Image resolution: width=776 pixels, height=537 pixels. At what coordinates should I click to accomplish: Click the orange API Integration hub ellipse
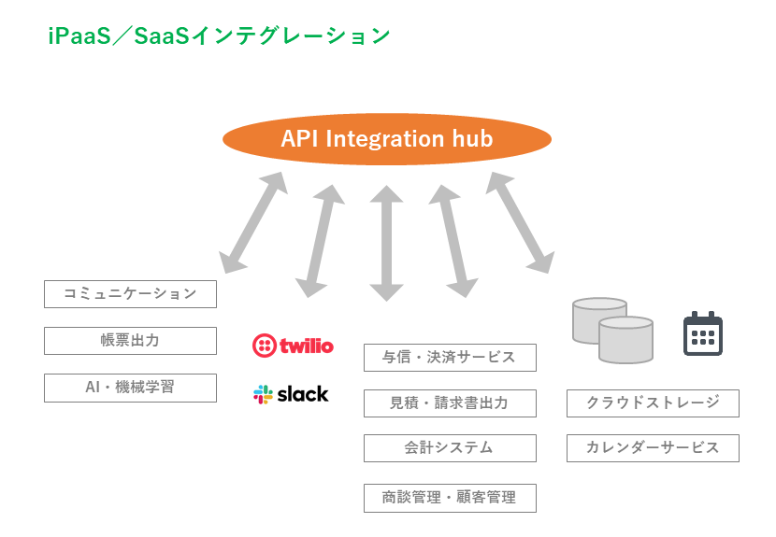386,140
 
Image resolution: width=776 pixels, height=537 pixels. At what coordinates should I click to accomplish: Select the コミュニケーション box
130,293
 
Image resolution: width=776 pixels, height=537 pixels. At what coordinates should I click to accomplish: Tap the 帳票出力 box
130,340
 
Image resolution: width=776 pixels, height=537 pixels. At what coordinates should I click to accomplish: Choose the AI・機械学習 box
130,387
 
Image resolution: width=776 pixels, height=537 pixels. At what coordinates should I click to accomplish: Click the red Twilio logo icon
264,346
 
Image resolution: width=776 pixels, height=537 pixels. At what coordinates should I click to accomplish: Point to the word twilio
305,346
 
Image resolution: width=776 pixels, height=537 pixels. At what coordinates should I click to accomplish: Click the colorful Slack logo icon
263,394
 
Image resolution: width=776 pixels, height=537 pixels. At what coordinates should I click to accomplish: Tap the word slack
302,394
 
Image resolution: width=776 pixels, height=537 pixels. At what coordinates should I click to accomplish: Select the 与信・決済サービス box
450,357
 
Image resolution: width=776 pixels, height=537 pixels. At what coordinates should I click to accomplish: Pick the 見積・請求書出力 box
450,403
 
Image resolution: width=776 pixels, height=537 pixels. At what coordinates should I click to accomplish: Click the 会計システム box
450,447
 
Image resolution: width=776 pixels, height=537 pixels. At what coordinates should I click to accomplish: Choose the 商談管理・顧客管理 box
450,498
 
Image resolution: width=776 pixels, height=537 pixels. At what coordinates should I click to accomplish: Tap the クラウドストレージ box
653,403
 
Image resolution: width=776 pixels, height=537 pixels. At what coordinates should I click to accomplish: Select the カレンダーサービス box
653,447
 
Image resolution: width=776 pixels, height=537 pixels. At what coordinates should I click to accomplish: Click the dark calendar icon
703,333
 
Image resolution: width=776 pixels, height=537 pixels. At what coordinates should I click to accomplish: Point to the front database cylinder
625,341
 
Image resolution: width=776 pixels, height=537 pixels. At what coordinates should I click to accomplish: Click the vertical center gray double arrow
386,243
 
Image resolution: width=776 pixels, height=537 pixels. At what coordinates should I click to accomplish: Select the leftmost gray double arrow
252,222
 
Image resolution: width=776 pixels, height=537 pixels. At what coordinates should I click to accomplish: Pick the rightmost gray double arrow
520,222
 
